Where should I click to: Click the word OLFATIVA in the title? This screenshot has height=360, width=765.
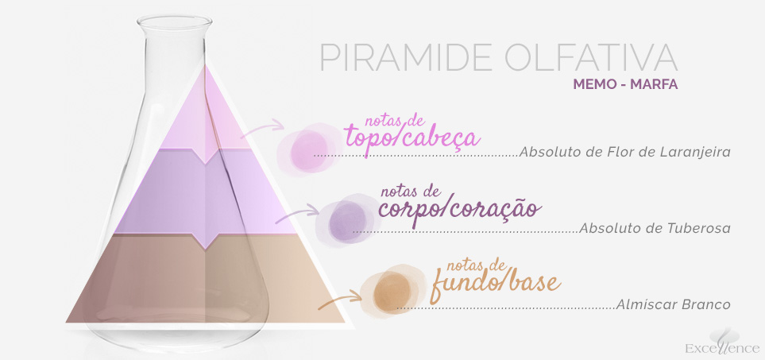click(591, 57)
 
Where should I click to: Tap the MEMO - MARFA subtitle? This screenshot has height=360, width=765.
click(625, 84)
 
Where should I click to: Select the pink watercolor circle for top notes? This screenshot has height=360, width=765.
click(309, 149)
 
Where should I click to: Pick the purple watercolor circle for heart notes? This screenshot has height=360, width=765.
click(347, 220)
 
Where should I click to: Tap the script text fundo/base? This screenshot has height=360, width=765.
click(495, 283)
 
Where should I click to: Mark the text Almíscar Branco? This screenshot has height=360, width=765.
click(674, 304)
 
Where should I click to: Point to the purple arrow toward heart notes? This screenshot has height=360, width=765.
click(297, 215)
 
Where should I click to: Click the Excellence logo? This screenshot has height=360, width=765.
click(723, 343)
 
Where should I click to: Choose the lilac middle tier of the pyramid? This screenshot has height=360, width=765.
click(206, 195)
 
